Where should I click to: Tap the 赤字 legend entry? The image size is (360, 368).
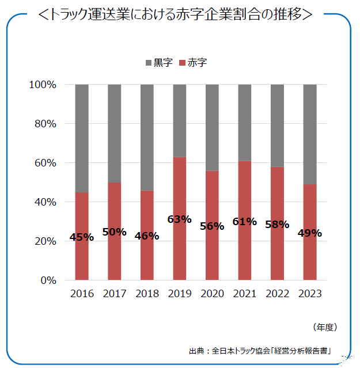(x=192, y=63)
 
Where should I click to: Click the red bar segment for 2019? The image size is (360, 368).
(x=180, y=253)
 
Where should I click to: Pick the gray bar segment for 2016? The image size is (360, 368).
(x=82, y=138)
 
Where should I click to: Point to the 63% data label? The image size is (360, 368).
(x=180, y=219)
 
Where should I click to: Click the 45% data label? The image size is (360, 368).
(x=82, y=237)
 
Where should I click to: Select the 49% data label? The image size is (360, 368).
(x=310, y=233)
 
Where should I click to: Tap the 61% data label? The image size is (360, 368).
(x=245, y=221)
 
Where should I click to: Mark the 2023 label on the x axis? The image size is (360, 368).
(x=310, y=294)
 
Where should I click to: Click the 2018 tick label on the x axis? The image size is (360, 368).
(x=147, y=294)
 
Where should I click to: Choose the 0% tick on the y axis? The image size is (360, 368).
(x=48, y=280)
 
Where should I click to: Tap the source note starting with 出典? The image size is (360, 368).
(x=262, y=350)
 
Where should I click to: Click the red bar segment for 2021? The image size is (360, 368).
(x=245, y=253)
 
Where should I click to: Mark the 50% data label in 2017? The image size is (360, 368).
(x=115, y=232)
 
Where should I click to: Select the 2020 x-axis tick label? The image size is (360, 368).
(x=212, y=294)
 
